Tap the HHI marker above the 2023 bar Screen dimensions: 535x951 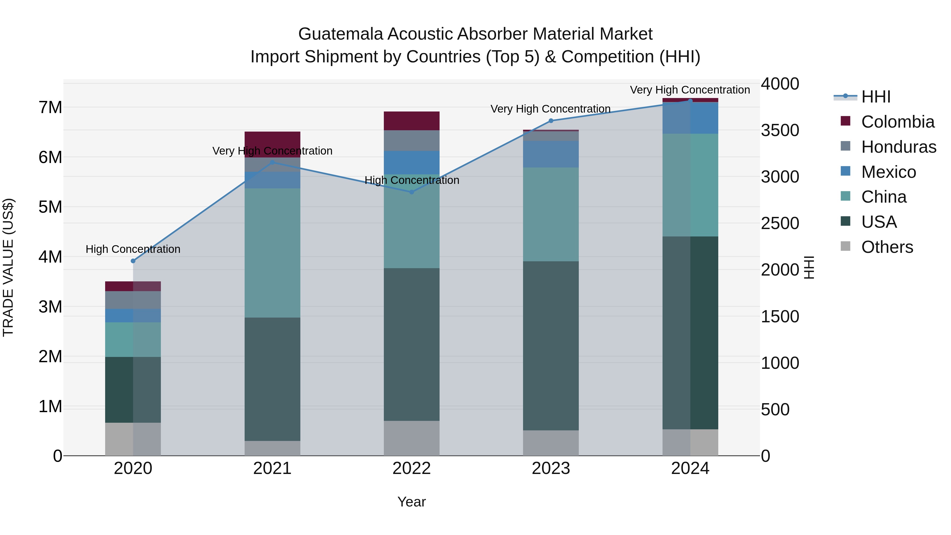pyautogui.click(x=551, y=121)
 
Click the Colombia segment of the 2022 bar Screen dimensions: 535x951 pyautogui.click(x=412, y=121)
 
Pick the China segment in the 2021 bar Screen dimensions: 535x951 pyautogui.click(x=272, y=253)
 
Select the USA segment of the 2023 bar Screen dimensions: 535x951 pyautogui.click(x=551, y=346)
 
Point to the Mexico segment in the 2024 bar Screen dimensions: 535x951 pyautogui.click(x=690, y=118)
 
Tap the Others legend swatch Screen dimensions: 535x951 pyautogui.click(x=845, y=246)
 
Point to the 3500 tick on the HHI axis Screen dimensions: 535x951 pyautogui.click(x=780, y=130)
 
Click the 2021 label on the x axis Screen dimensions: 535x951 pyautogui.click(x=272, y=468)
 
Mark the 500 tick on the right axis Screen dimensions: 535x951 pyautogui.click(x=775, y=410)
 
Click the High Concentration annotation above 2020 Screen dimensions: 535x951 pyautogui.click(x=133, y=249)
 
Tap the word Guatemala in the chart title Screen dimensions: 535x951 pyautogui.click(x=340, y=34)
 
